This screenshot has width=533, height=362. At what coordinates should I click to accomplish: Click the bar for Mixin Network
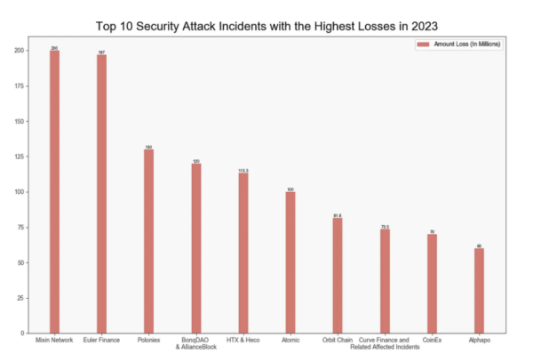[54, 191]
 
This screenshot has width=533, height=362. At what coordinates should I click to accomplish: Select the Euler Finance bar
[101, 194]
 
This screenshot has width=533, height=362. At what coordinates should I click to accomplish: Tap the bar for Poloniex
[148, 241]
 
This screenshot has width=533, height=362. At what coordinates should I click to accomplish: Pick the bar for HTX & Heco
[243, 253]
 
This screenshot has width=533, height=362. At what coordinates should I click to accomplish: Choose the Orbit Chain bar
[338, 275]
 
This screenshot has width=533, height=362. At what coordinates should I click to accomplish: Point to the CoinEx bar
[432, 284]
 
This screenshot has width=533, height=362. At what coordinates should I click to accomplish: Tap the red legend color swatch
[423, 44]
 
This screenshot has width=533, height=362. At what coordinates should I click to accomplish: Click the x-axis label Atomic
[290, 340]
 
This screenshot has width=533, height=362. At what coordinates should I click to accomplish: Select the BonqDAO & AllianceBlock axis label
[195, 343]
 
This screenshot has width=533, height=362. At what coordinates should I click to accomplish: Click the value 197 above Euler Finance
[101, 52]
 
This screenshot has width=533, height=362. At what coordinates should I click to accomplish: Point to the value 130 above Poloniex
[148, 147]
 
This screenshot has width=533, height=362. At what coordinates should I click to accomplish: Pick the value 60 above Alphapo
[479, 245]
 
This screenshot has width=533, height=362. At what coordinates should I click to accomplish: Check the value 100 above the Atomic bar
[290, 189]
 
